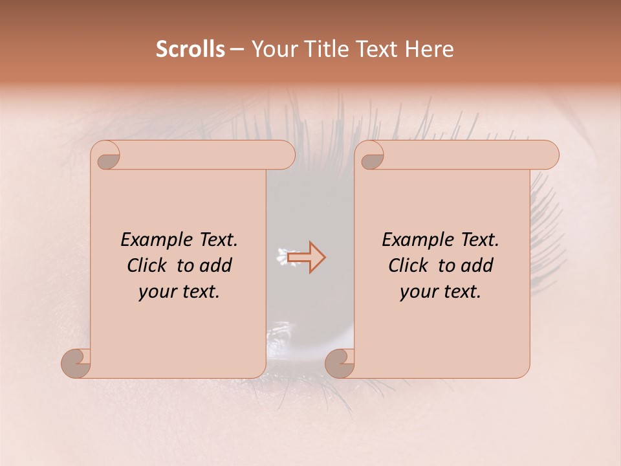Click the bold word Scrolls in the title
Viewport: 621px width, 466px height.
click(x=190, y=49)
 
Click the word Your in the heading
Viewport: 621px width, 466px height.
click(x=272, y=49)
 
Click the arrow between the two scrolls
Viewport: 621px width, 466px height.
click(x=307, y=257)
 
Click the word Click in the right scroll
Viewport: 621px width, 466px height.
click(x=408, y=265)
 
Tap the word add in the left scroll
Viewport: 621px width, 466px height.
click(x=215, y=265)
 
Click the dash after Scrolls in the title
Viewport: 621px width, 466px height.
click(x=237, y=50)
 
